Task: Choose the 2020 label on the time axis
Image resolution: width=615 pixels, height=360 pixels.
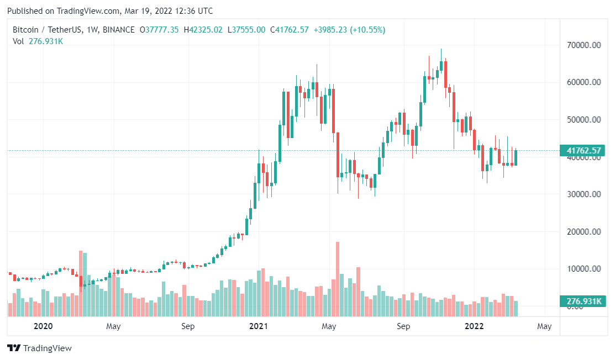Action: tap(43, 326)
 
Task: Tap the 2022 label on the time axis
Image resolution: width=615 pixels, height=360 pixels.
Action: tap(474, 326)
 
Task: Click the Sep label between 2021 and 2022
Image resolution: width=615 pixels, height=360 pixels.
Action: tap(403, 326)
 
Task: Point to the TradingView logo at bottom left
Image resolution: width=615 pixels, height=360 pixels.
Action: tap(39, 348)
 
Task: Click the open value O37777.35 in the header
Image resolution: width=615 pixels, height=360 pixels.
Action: tap(159, 30)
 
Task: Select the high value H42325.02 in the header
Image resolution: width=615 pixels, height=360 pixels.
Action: tap(203, 30)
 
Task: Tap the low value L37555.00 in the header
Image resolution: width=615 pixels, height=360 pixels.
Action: tap(246, 30)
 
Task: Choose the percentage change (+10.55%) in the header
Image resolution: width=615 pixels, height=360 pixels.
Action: tap(367, 30)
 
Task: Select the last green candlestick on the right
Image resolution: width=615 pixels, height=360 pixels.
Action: tap(516, 157)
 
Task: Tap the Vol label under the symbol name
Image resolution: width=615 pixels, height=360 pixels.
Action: tap(18, 41)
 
